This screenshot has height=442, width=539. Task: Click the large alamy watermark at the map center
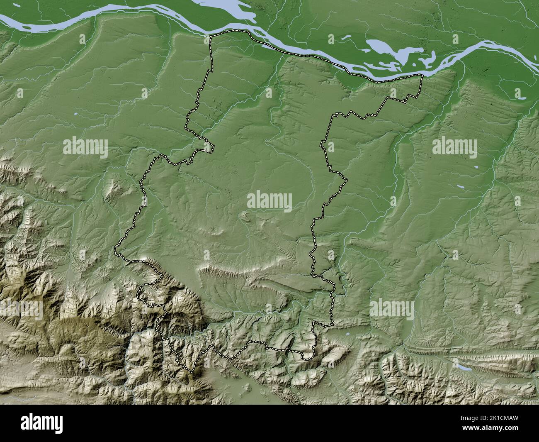click(269, 202)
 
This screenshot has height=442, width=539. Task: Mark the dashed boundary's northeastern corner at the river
click(422, 75)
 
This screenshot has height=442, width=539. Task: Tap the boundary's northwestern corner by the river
click(210, 37)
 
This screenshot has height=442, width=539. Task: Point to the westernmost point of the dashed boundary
click(115, 251)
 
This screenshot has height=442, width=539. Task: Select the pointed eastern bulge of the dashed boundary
click(346, 180)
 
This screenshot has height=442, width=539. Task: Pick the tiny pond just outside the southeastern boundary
click(345, 333)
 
